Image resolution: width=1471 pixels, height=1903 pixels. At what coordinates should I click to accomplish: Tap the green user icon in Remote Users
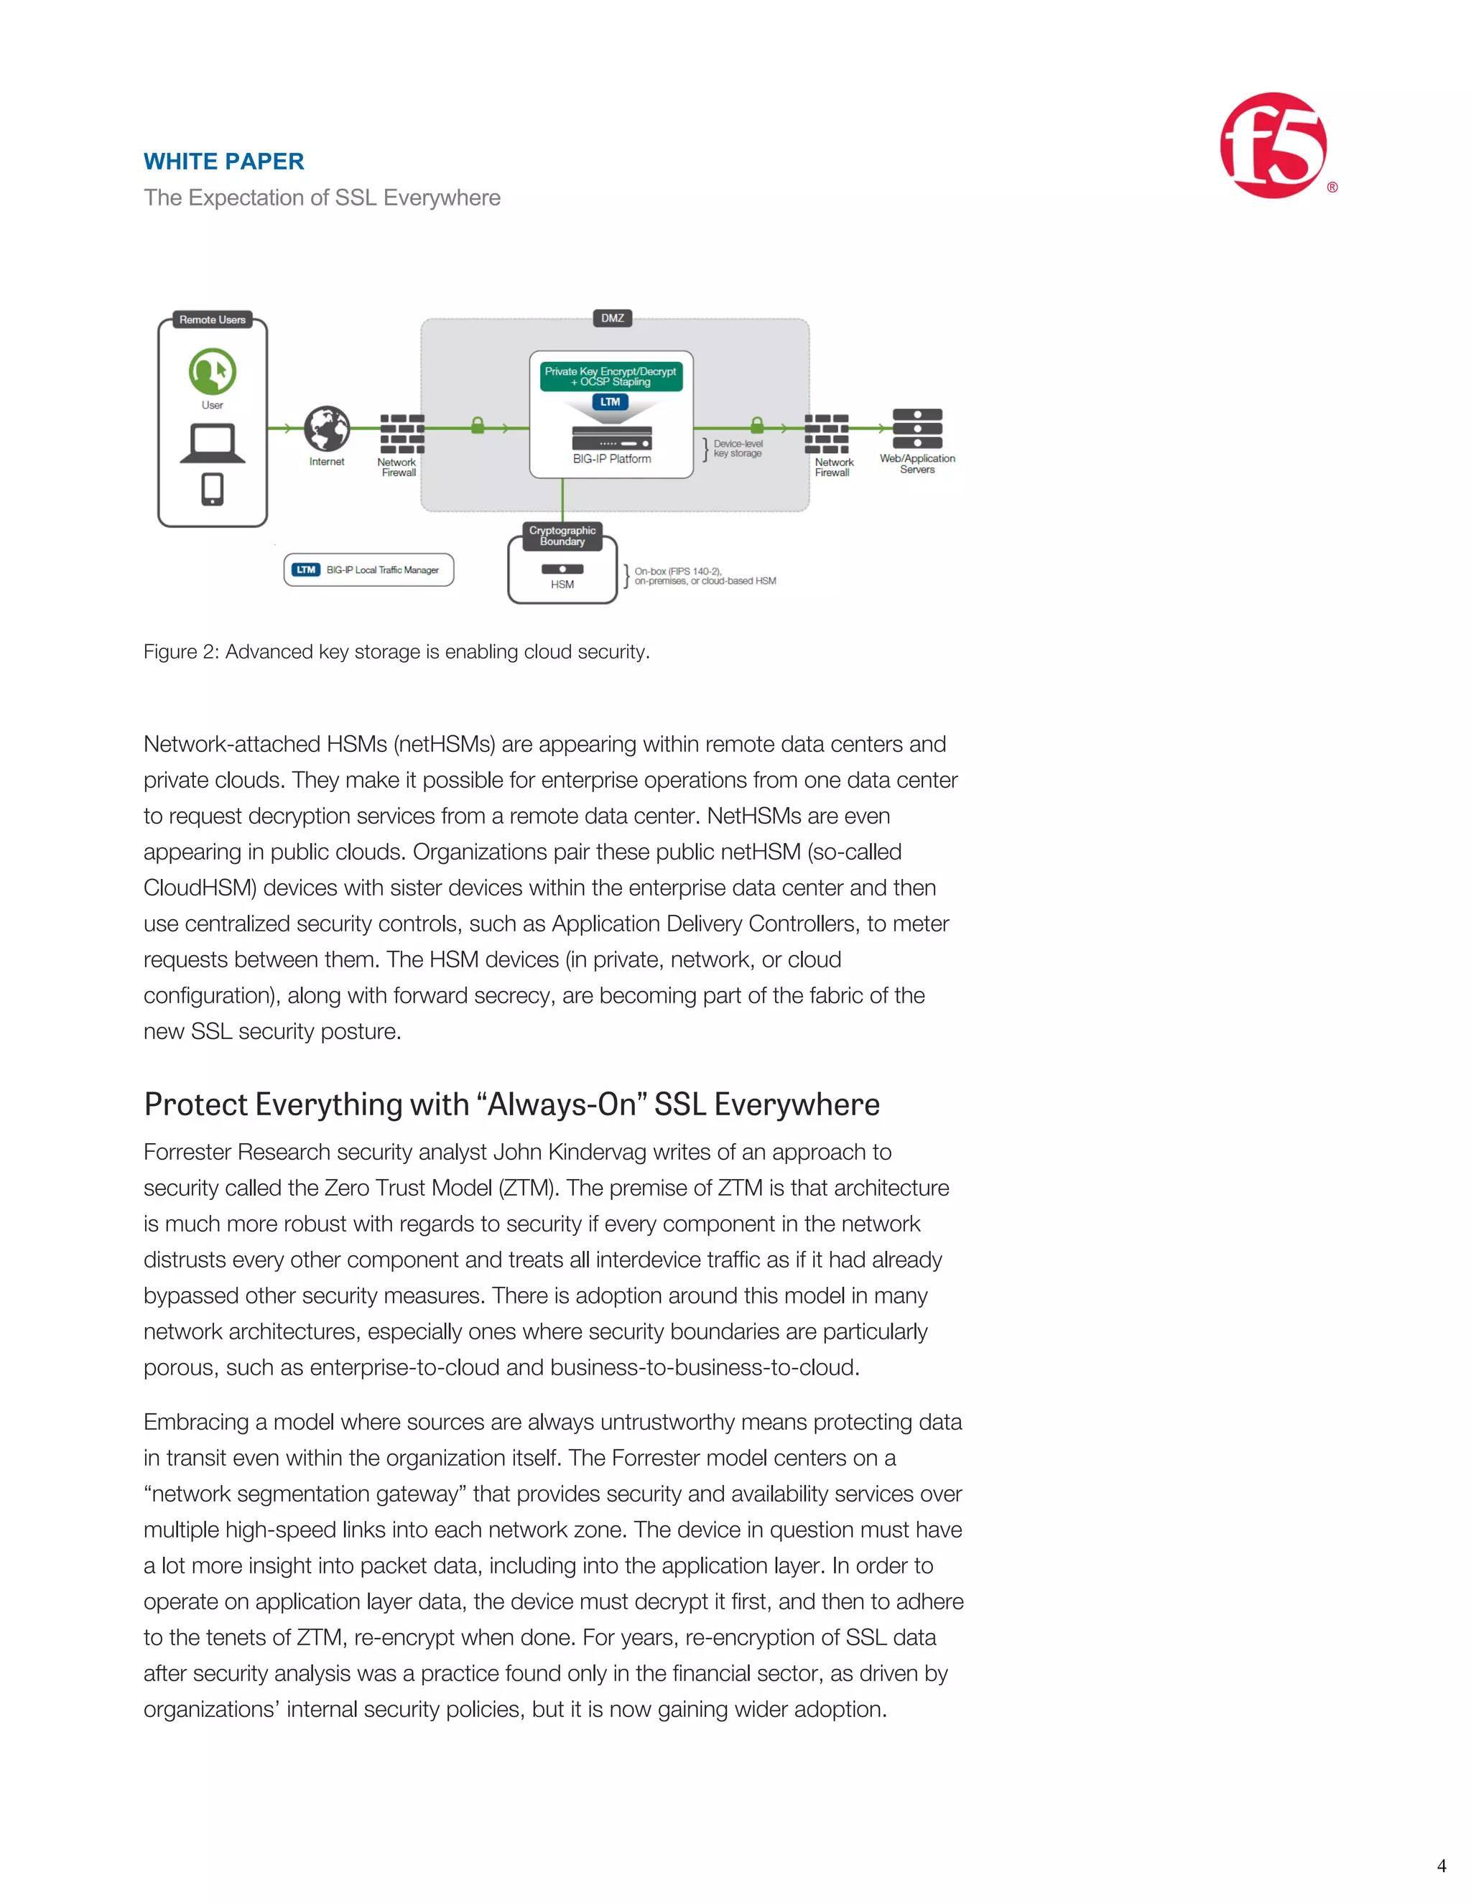click(212, 371)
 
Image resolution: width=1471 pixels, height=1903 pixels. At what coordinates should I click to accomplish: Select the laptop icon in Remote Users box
click(212, 442)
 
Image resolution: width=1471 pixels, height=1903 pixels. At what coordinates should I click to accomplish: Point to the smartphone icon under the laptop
click(212, 489)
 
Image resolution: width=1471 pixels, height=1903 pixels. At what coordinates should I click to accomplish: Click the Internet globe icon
click(327, 429)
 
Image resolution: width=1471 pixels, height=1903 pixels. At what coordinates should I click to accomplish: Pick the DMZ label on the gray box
click(613, 318)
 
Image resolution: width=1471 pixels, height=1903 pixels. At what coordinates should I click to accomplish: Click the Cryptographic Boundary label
click(562, 536)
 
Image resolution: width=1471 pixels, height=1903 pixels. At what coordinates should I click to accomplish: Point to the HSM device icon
click(562, 569)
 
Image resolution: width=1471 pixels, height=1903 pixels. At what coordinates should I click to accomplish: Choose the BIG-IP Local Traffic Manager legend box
click(368, 570)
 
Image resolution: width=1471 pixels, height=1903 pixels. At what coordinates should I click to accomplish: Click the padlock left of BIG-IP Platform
click(478, 425)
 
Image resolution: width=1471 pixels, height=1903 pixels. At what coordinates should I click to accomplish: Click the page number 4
click(1442, 1866)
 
